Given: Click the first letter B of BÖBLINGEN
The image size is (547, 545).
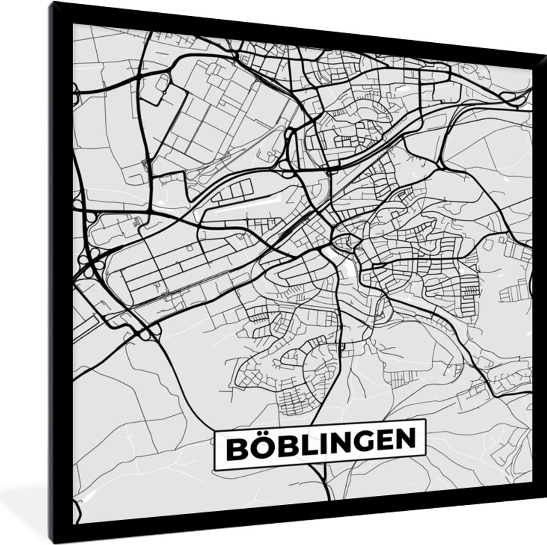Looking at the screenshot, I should [x=236, y=449].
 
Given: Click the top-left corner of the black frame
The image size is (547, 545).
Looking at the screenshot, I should [x=50, y=3].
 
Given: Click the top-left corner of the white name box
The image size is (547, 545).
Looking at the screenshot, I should [x=214, y=432].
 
